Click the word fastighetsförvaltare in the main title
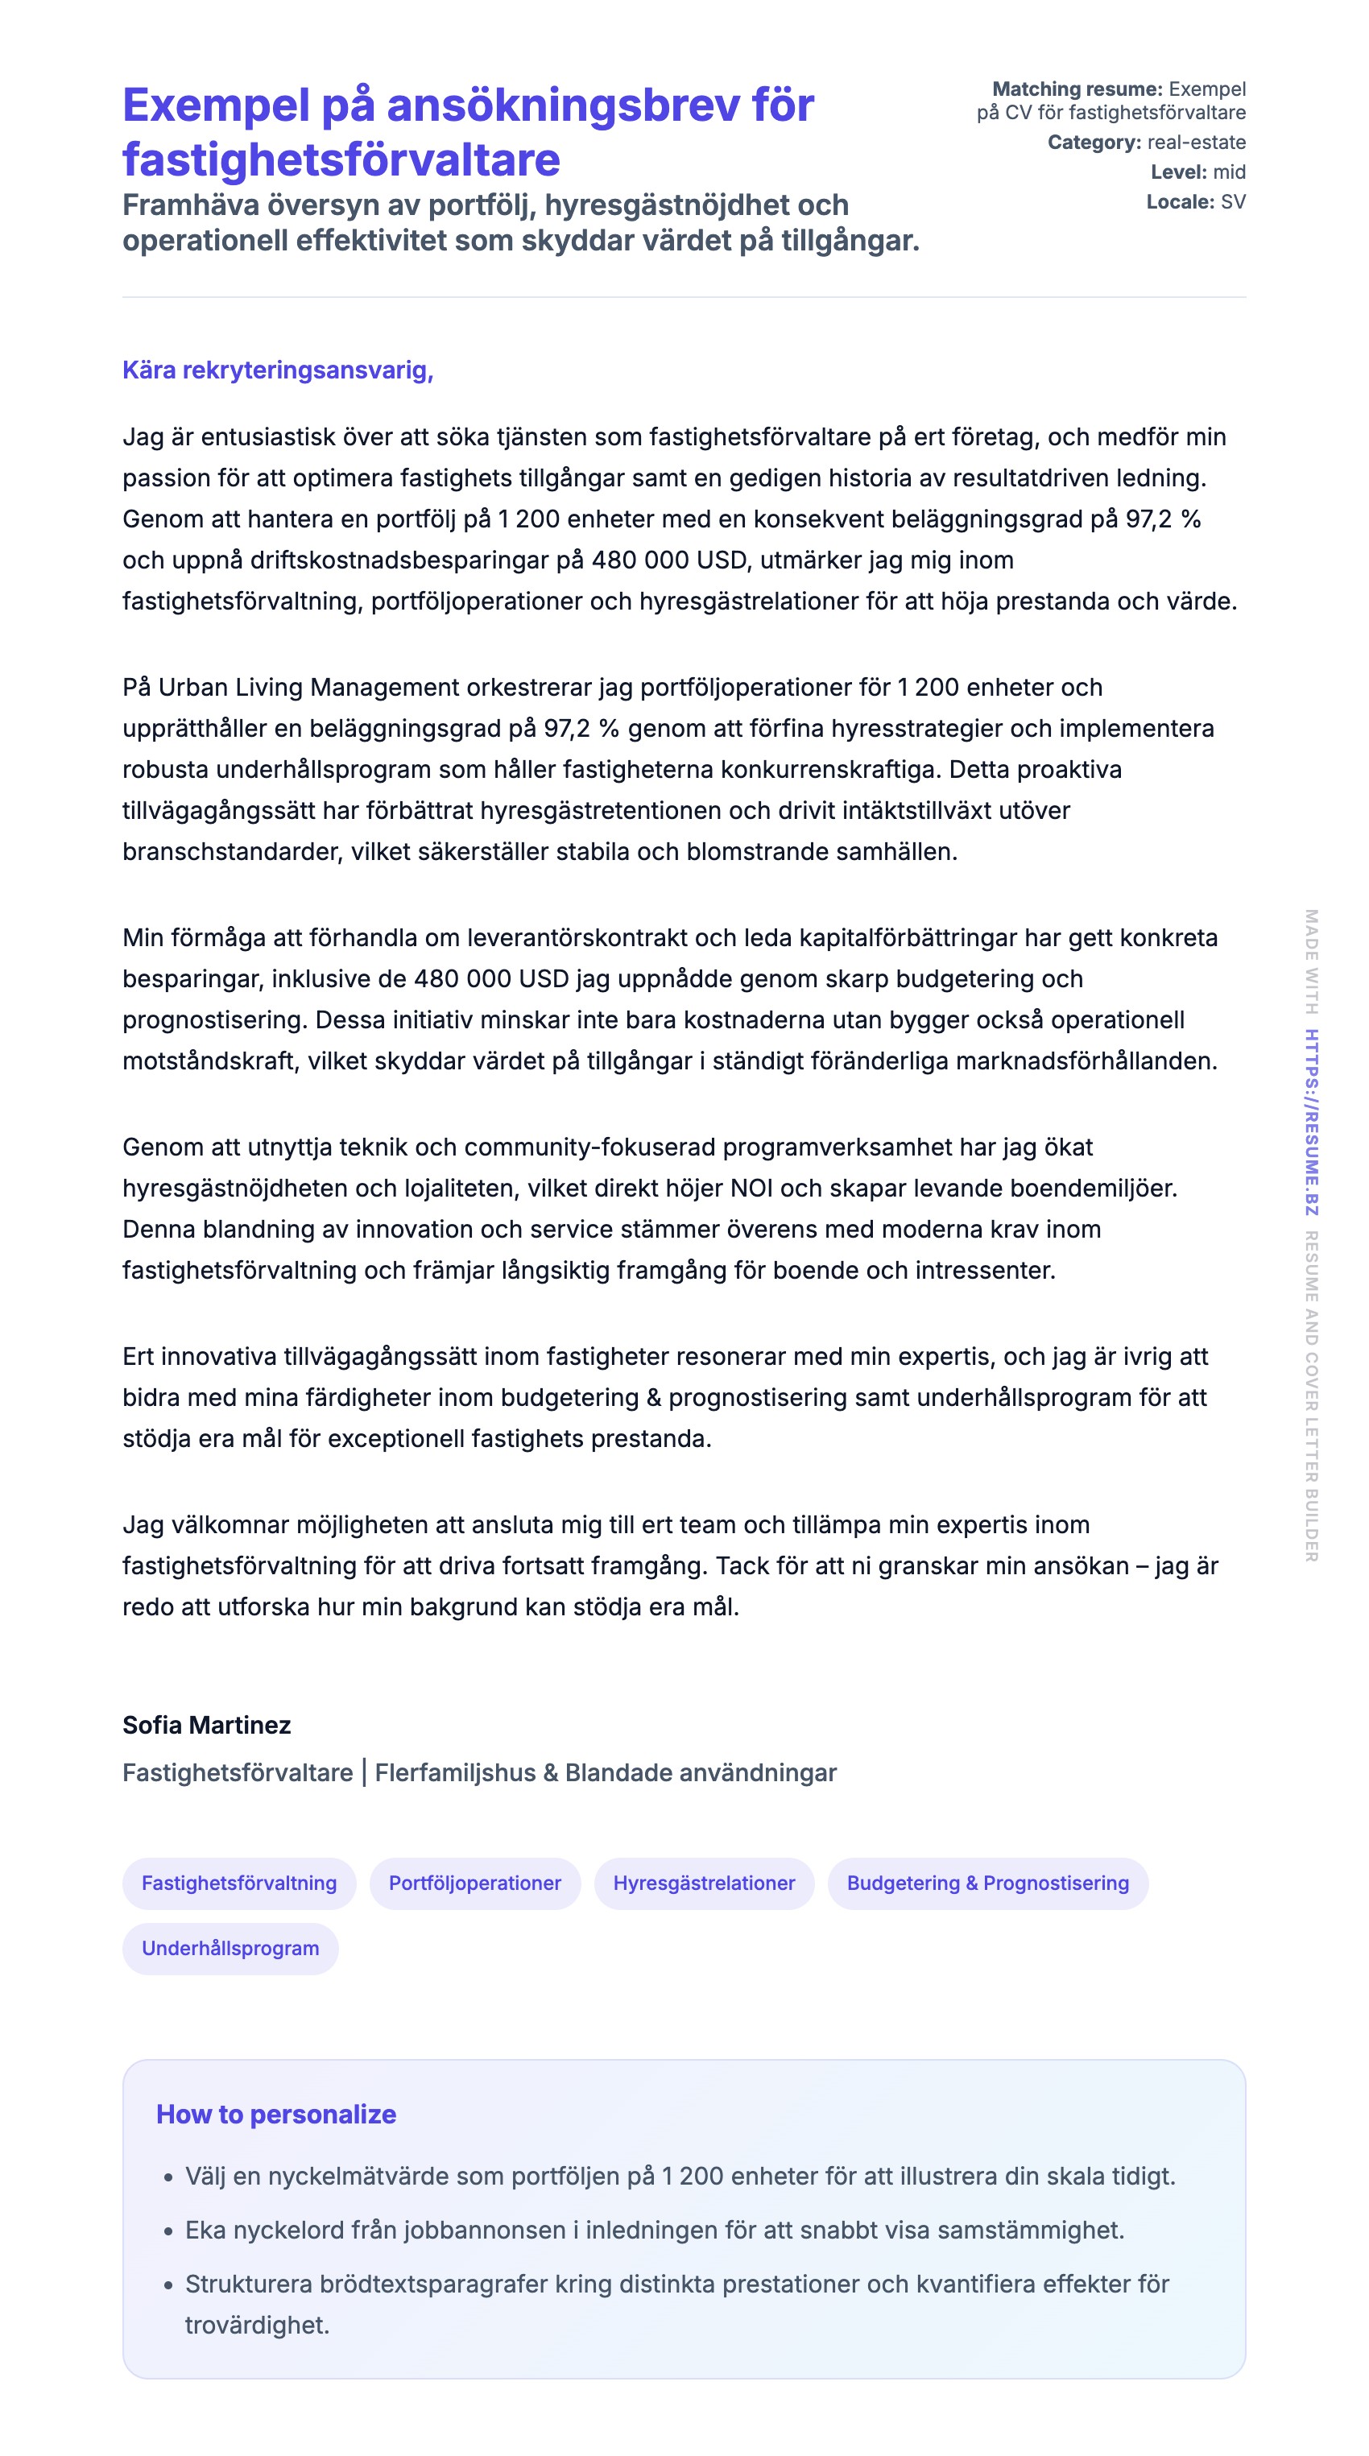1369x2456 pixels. tap(341, 159)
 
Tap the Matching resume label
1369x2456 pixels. tap(1077, 89)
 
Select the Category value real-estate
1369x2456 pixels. tap(1196, 142)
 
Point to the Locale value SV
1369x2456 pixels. tap(1232, 201)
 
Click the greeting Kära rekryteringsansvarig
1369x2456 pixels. tap(277, 370)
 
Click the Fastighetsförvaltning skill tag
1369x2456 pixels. tap(238, 1882)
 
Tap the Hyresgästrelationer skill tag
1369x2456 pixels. tap(704, 1882)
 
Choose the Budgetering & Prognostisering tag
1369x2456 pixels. tap(986, 1882)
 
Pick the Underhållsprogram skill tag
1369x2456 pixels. tap(230, 1948)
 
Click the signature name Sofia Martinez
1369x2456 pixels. tap(206, 1725)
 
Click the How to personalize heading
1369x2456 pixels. tap(275, 2114)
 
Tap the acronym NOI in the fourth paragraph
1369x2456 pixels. tap(751, 1188)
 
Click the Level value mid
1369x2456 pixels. tap(1229, 172)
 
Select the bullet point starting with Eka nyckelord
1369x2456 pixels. tap(654, 2230)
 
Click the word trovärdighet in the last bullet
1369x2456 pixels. tap(256, 2325)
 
